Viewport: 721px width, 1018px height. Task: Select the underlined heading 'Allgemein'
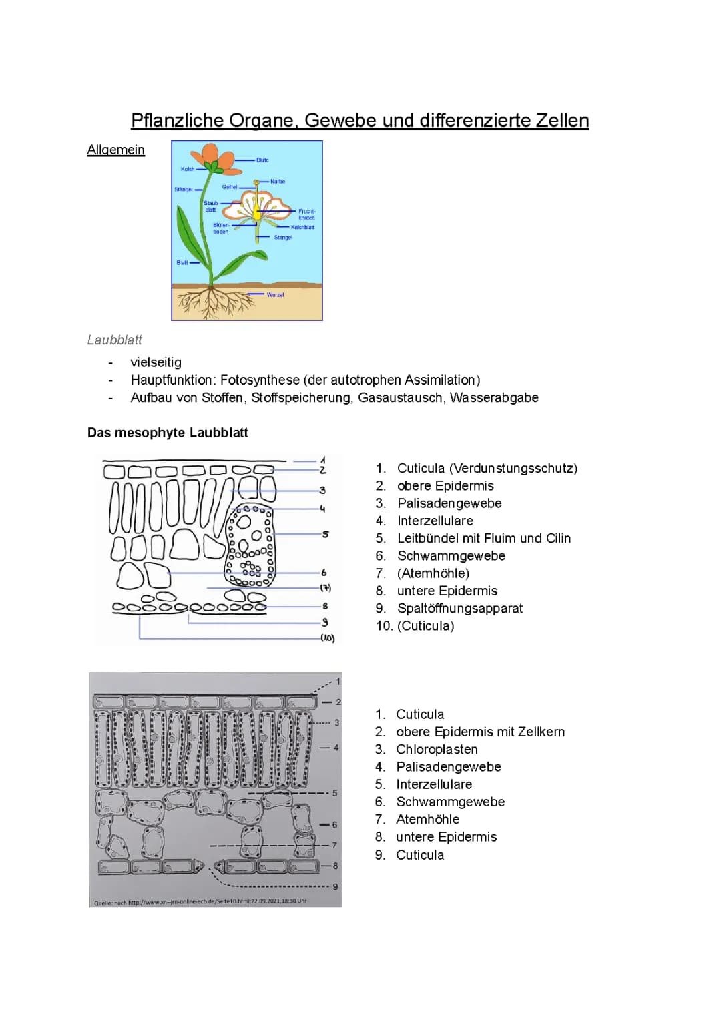[x=115, y=150]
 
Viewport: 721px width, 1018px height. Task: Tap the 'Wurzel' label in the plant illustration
[x=275, y=294]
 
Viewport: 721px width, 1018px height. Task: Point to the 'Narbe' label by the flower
[x=278, y=182]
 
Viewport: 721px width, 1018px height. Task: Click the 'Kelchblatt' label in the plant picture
[x=302, y=227]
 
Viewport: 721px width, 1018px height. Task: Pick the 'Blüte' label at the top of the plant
[x=262, y=160]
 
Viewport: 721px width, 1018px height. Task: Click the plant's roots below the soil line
[x=214, y=304]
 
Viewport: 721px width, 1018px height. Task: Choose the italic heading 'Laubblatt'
[x=115, y=340]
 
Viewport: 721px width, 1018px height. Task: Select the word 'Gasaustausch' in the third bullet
[x=400, y=397]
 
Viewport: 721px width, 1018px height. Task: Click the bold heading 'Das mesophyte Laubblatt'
[x=168, y=433]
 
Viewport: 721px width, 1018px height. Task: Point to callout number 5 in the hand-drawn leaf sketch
[x=325, y=534]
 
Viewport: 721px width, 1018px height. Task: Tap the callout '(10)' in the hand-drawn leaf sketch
[x=327, y=638]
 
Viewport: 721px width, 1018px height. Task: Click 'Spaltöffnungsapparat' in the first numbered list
[x=459, y=608]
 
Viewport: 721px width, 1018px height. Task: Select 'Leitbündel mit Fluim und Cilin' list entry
[x=483, y=538]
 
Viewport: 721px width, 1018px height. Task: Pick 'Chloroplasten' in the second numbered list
[x=437, y=749]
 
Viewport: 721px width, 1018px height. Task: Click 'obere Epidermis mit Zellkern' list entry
[x=480, y=732]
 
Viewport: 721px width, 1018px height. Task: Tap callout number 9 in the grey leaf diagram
[x=335, y=887]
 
